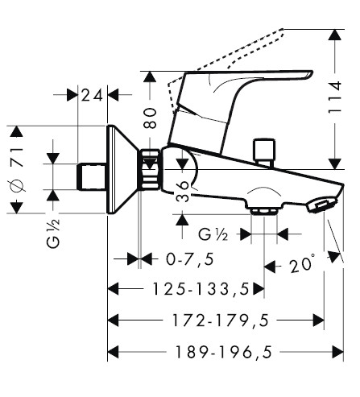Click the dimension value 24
click(92, 95)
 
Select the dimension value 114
click(335, 97)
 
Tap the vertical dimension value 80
click(150, 118)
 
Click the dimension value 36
click(183, 192)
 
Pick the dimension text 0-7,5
click(190, 259)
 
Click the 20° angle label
click(301, 265)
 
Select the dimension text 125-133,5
click(201, 289)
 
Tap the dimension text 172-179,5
click(220, 320)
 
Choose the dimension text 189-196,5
click(224, 352)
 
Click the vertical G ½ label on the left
click(53, 233)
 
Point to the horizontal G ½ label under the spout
click(213, 234)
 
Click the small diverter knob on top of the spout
click(264, 152)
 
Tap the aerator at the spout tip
click(321, 205)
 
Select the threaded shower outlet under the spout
click(263, 211)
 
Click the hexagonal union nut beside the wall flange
click(150, 169)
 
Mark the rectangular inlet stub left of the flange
click(93, 176)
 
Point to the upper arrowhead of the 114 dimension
click(335, 35)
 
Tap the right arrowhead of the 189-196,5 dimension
click(338, 352)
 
